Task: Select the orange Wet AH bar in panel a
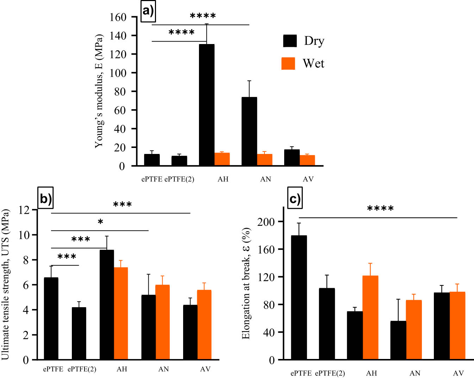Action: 222,159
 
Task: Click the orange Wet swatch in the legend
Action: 288,63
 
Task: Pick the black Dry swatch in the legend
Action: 290,41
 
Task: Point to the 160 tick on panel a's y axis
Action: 118,17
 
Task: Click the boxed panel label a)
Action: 148,12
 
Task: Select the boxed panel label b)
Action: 45,198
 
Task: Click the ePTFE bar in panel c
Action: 299,297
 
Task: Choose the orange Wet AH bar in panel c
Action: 370,317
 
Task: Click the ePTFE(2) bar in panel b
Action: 79,333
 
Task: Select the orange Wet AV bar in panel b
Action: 204,324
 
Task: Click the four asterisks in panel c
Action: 380,209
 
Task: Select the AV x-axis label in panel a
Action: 308,179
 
